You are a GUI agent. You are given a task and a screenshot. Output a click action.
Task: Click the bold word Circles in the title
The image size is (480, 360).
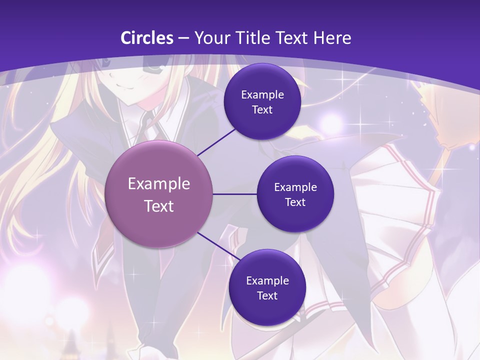click(x=146, y=38)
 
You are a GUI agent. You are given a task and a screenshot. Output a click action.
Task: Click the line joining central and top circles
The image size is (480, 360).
click(x=216, y=142)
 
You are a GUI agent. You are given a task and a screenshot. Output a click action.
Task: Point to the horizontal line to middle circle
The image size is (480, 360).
click(x=234, y=194)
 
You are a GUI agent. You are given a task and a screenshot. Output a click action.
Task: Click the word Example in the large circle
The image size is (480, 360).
click(x=159, y=184)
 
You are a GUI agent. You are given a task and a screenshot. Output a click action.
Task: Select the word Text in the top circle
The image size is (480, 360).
click(x=262, y=109)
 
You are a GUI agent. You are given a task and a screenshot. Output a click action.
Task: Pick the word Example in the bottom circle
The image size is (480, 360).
click(x=267, y=280)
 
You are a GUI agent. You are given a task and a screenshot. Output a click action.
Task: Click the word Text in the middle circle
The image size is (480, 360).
click(x=295, y=202)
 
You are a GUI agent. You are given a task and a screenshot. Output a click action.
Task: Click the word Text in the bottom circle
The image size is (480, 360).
click(x=267, y=295)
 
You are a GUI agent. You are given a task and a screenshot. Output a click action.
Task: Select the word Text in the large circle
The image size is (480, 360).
click(x=159, y=206)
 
